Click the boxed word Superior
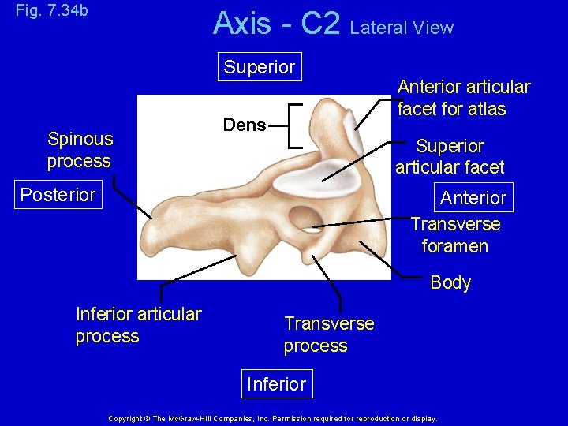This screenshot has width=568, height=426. tap(259, 67)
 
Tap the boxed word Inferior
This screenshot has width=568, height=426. tap(276, 384)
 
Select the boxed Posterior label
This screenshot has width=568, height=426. tap(58, 195)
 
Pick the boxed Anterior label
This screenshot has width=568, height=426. tap(473, 197)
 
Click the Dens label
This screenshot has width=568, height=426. tap(245, 125)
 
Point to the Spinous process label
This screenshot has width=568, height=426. tap(80, 150)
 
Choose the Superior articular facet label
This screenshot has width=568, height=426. tap(450, 156)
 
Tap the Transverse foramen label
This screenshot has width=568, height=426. tap(455, 235)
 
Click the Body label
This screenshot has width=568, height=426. tap(450, 282)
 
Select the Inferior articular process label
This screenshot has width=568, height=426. tap(138, 325)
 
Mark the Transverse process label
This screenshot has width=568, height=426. tap(329, 334)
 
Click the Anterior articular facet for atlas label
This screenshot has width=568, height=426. tap(464, 98)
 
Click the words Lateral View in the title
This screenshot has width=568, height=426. tap(402, 28)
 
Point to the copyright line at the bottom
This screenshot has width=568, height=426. tap(272, 418)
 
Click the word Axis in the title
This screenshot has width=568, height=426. tap(241, 24)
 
